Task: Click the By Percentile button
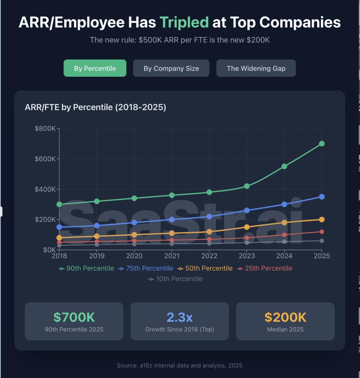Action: tap(95, 68)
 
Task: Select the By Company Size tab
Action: tap(171, 68)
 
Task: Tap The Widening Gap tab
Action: tap(256, 68)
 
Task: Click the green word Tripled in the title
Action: tap(184, 22)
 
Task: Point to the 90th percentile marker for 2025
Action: tap(322, 144)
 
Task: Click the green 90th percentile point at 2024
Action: tap(284, 166)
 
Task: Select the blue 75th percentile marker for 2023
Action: tap(247, 210)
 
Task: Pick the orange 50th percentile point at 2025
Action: tap(322, 220)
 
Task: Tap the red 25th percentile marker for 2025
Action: tap(322, 232)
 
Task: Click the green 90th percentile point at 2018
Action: tap(59, 204)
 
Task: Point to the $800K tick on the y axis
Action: tap(45, 129)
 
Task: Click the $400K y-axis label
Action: tap(45, 189)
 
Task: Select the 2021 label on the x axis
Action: tap(172, 256)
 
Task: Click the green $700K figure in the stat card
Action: tap(74, 317)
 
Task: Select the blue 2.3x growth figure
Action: tap(180, 317)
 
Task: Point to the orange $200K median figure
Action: tap(285, 317)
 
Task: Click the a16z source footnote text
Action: tap(180, 366)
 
